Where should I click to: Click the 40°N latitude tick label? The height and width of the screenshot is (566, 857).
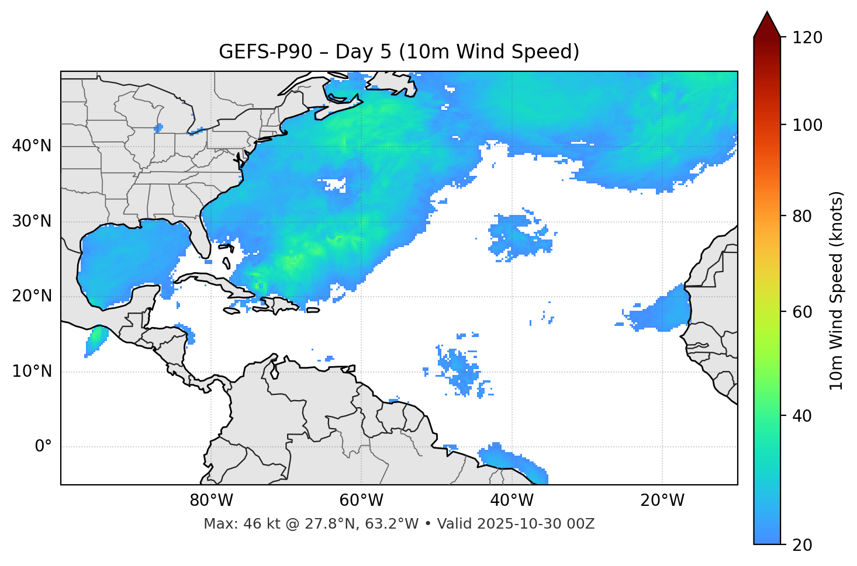32,146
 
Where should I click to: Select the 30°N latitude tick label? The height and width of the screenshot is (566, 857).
32,221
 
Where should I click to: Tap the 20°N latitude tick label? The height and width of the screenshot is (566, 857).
32,297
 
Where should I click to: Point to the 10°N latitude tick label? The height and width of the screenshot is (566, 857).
32,371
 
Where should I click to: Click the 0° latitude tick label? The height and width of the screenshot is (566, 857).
43,447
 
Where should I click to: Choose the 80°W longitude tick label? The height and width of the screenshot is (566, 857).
211,501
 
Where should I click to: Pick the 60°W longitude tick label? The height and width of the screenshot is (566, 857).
361,501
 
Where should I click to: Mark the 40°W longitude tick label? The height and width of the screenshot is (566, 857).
512,501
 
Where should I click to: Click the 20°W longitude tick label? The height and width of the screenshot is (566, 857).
662,501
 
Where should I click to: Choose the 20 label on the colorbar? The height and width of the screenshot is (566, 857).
802,545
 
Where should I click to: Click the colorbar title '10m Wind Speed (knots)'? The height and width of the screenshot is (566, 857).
837,290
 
